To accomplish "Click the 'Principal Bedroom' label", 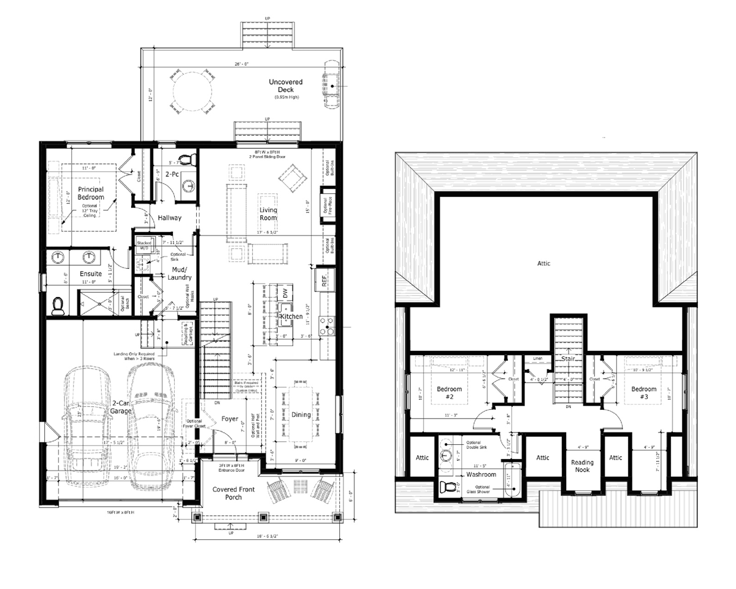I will click(91, 193).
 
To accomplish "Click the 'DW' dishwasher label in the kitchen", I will click(285, 293).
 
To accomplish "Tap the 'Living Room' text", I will click(268, 214).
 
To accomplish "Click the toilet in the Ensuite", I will click(58, 306).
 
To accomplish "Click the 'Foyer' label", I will click(231, 419).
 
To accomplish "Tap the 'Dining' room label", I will click(302, 415).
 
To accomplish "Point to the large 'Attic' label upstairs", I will click(544, 264).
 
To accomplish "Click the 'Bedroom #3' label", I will click(643, 393).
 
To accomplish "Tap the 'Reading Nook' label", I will click(582, 466).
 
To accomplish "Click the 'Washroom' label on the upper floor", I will click(481, 474).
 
